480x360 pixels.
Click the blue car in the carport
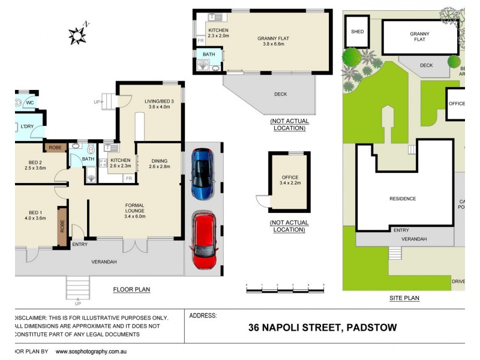[202, 174]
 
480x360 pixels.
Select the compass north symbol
[78, 35]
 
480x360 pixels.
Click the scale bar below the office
[285, 290]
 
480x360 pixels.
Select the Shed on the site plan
[357, 32]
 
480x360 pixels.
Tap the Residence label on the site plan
[402, 199]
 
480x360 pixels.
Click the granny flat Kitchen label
[218, 33]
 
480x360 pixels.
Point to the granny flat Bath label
[209, 55]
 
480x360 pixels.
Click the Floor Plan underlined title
[131, 289]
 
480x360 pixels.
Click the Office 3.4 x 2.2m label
[290, 180]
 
